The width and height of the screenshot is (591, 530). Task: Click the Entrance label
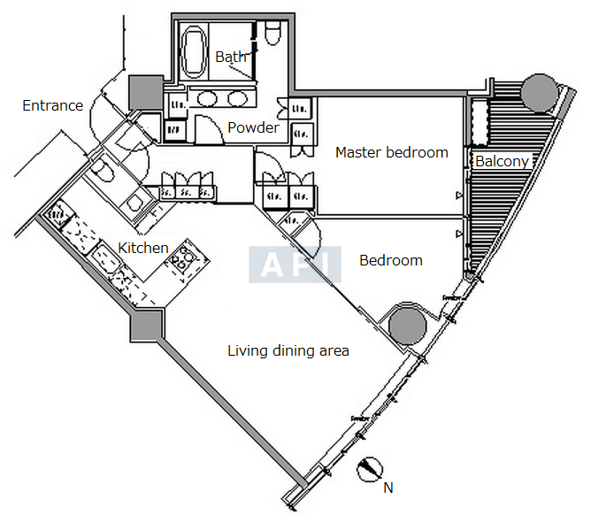[52, 106]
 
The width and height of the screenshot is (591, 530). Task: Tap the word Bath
[231, 57]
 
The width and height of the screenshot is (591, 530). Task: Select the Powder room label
[253, 127]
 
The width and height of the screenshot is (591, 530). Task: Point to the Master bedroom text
[391, 152]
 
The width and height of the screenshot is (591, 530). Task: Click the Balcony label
[502, 161]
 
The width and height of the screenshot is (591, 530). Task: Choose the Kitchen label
[143, 248]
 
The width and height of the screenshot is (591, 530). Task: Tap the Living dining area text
[288, 351]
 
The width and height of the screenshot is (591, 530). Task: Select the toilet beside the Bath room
[272, 34]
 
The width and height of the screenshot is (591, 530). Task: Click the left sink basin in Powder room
[209, 98]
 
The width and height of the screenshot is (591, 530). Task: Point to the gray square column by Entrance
[142, 90]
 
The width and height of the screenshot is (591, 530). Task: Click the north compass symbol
[371, 468]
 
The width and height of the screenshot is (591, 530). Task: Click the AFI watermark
[295, 264]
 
